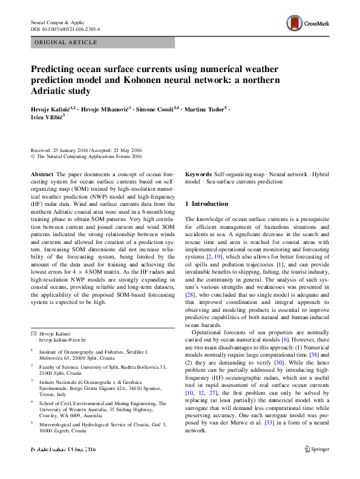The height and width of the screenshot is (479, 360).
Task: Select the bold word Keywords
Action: click(198, 173)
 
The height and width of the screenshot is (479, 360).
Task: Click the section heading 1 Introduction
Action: click(206, 204)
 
